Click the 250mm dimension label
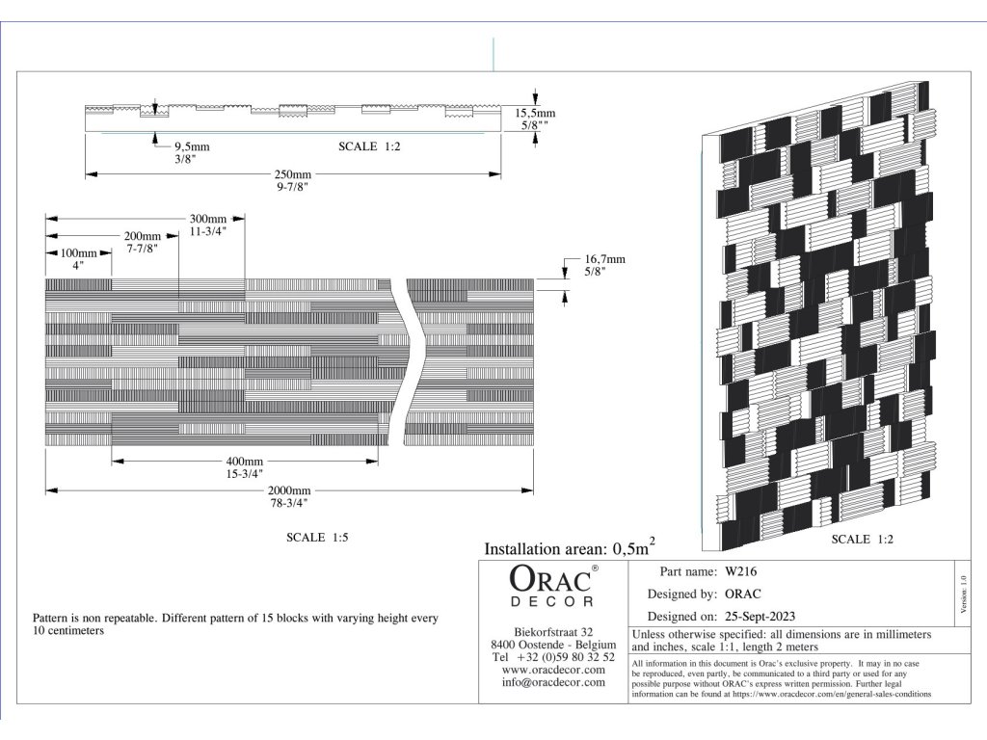[x=293, y=175]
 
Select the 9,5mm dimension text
[x=192, y=147]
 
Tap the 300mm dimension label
[x=207, y=220]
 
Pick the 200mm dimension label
[x=143, y=236]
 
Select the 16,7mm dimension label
[x=604, y=259]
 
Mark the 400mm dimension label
[x=244, y=462]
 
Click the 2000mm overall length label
[x=290, y=490]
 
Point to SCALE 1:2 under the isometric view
[x=863, y=540]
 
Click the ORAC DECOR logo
[x=553, y=587]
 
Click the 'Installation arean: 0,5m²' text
[x=570, y=548]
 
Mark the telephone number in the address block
[x=553, y=656]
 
